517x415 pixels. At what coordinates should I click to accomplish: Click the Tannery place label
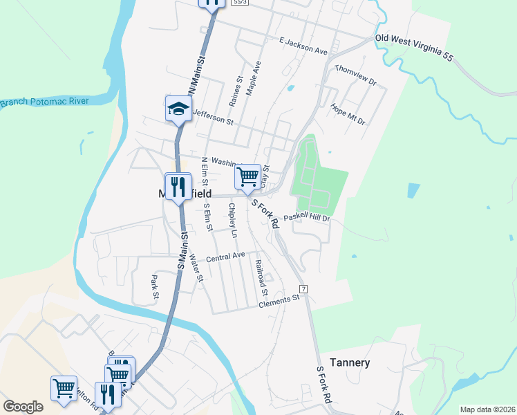[x=350, y=362]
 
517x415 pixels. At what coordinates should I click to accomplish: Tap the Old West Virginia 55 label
[x=414, y=48]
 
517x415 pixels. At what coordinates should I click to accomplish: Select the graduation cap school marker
[x=178, y=109]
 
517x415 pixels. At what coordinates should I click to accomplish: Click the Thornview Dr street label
[x=355, y=75]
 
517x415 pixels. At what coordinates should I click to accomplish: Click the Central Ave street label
[x=225, y=256]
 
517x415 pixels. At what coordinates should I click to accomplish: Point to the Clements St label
[x=282, y=302]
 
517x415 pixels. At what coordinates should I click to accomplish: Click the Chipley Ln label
[x=233, y=221]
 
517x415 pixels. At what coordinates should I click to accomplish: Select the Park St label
[x=155, y=288]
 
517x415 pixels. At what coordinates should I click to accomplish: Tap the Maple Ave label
[x=254, y=78]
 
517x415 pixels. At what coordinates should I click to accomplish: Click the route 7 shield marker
[x=303, y=288]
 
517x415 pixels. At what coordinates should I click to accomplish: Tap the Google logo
[x=23, y=407]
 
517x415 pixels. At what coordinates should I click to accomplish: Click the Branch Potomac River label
[x=44, y=102]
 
